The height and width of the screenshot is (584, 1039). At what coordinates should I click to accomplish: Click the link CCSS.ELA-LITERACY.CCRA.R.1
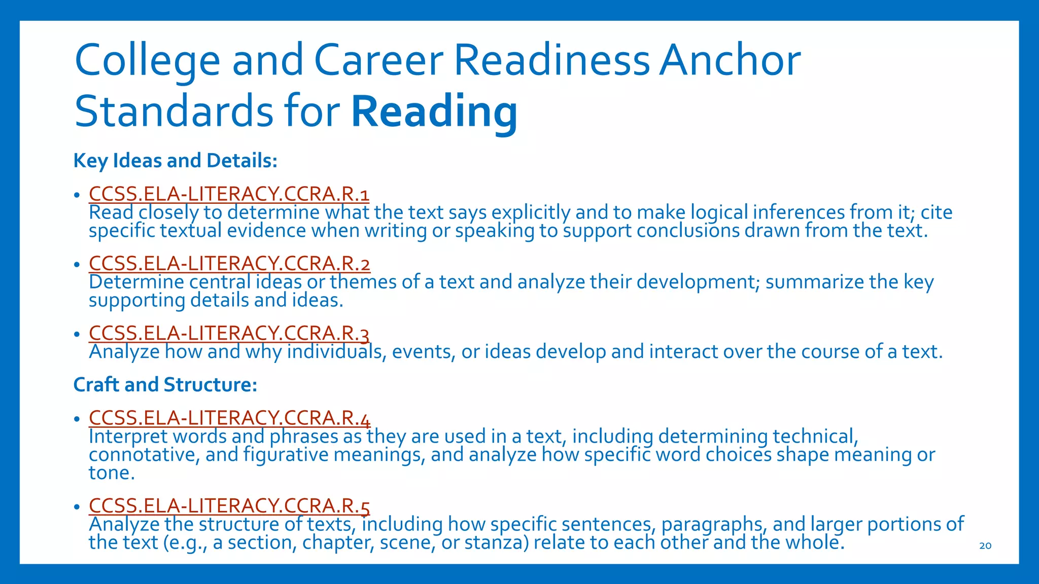[229, 194]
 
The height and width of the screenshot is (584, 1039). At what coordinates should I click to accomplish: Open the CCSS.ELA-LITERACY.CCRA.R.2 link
[229, 264]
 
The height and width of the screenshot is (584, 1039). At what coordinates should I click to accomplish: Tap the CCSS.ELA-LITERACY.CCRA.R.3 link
[229, 333]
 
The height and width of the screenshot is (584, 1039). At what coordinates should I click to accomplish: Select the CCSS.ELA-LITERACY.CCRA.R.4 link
[229, 418]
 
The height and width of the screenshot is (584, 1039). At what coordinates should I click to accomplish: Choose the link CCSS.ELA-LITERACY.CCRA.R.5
[229, 506]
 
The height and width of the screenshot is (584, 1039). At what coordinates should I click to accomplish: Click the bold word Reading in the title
[434, 112]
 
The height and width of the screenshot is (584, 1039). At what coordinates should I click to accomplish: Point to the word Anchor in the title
[730, 60]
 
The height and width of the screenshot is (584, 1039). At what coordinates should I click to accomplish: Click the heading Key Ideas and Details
[176, 161]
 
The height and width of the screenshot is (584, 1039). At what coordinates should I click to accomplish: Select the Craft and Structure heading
[165, 385]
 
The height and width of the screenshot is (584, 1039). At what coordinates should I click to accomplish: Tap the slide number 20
[985, 546]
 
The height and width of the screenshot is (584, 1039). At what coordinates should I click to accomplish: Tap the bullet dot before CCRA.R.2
[77, 265]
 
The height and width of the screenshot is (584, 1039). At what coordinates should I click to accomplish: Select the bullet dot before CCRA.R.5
[77, 507]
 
